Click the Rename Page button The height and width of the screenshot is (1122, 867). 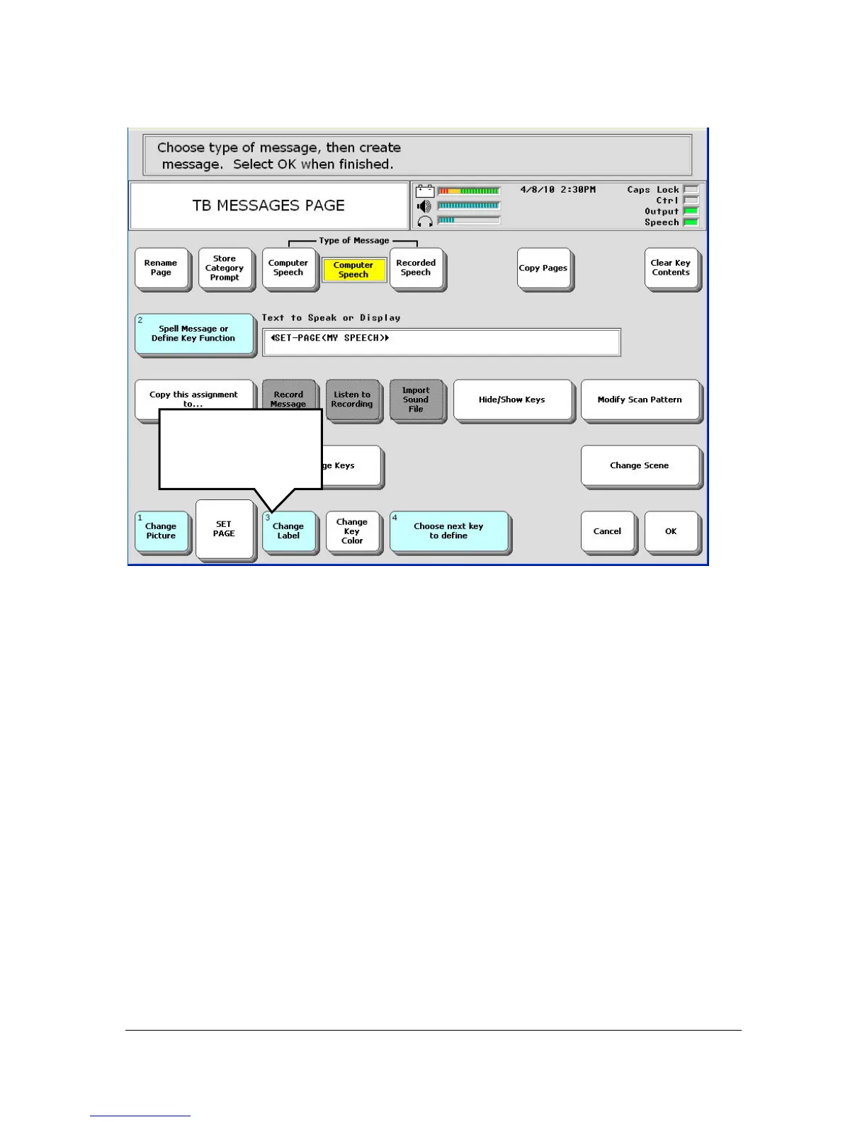(x=161, y=268)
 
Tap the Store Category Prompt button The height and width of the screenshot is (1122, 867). (x=225, y=268)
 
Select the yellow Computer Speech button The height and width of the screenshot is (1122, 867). (x=353, y=270)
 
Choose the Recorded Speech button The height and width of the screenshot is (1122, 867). (x=416, y=268)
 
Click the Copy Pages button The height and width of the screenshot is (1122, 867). (x=543, y=268)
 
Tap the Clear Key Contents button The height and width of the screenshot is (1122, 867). (x=671, y=268)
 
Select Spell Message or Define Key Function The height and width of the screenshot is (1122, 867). (x=194, y=334)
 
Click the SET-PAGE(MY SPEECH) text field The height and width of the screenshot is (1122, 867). (x=441, y=342)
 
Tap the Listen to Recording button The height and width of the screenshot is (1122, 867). (x=352, y=399)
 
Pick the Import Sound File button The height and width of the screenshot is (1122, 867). (x=416, y=399)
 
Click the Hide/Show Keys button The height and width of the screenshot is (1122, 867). (x=512, y=399)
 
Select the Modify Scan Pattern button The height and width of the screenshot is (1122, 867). (x=640, y=399)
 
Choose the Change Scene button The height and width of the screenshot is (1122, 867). (x=640, y=465)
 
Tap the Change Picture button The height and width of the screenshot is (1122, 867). (x=161, y=531)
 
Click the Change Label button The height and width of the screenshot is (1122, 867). (x=288, y=531)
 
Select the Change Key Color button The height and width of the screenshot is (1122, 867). (x=352, y=531)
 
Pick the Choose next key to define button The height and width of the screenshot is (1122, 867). (x=448, y=531)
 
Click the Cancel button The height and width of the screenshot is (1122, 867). (x=608, y=531)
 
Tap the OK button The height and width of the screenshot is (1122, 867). (x=671, y=531)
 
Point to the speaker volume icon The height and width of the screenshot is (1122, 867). (x=424, y=206)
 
